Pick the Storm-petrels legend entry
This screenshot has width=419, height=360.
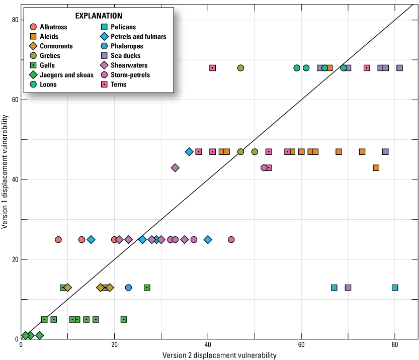point(130,75)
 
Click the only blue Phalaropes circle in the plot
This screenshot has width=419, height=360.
point(128,288)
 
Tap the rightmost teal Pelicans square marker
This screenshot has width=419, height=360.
point(395,288)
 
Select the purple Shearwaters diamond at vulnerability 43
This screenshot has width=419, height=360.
point(175,168)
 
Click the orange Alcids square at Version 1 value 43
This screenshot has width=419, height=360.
point(376,168)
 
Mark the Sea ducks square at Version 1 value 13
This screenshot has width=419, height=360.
point(348,288)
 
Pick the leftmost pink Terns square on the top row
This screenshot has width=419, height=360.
point(212,68)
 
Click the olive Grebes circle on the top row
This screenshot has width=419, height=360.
point(240,68)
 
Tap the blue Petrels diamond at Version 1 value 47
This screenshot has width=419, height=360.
point(189,152)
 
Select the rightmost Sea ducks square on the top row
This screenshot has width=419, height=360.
point(399,68)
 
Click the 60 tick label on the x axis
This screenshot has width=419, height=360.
point(301,345)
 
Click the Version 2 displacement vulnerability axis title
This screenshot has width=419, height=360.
point(219,355)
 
